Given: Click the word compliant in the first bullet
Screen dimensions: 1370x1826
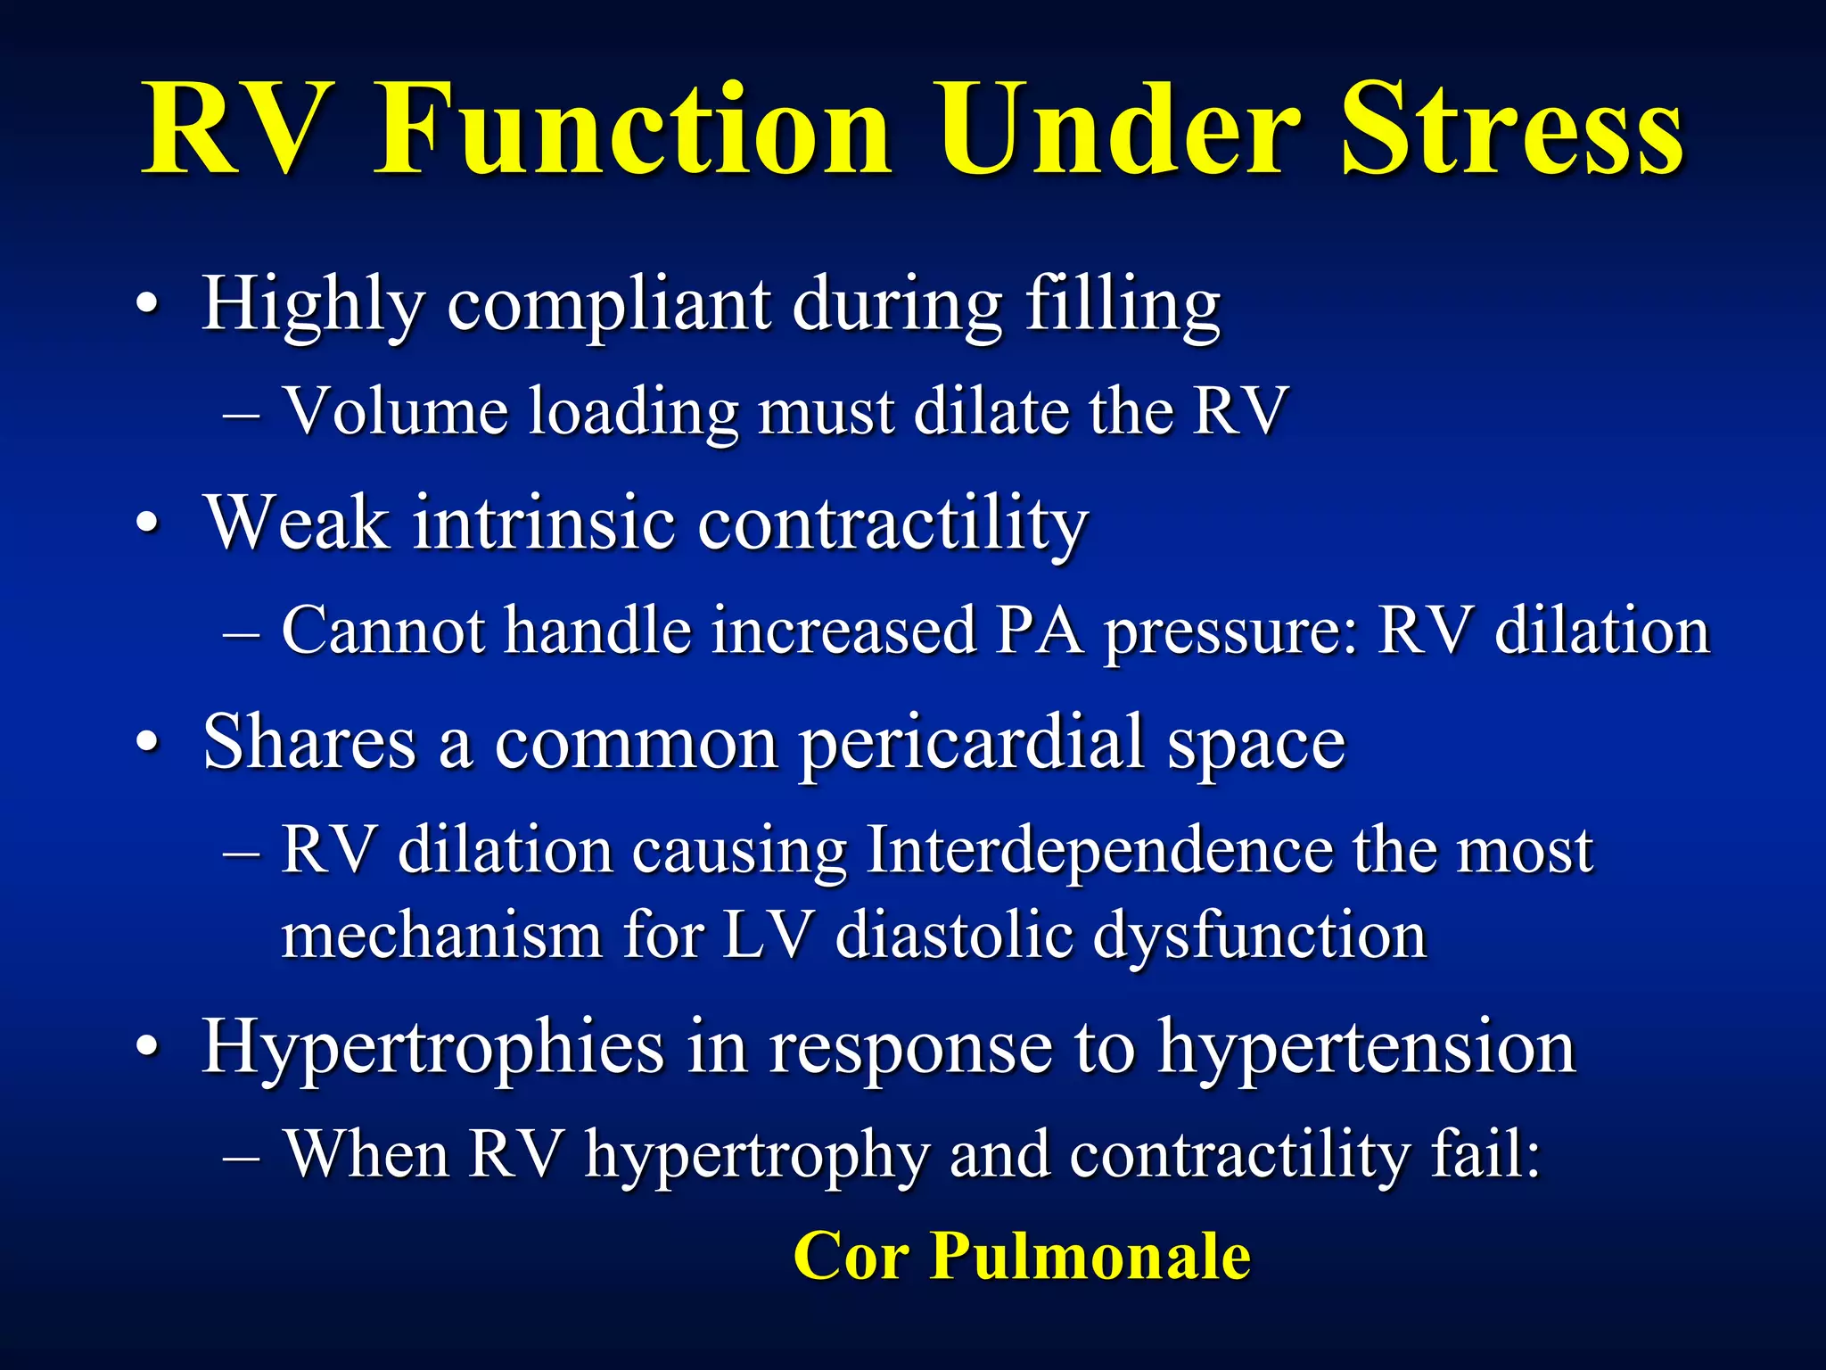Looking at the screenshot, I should (608, 306).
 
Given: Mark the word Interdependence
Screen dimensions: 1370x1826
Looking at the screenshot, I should (1098, 850).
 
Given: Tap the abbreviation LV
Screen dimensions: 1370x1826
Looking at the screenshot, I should (768, 936).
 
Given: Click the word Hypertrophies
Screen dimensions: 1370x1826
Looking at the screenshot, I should (433, 1048).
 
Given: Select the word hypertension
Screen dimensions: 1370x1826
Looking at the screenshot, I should (1366, 1048).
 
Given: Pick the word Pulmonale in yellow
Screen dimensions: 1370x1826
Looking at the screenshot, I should (1090, 1256).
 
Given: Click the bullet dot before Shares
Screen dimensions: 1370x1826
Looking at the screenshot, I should (149, 742).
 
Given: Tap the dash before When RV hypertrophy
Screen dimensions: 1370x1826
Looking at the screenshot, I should (242, 1158).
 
